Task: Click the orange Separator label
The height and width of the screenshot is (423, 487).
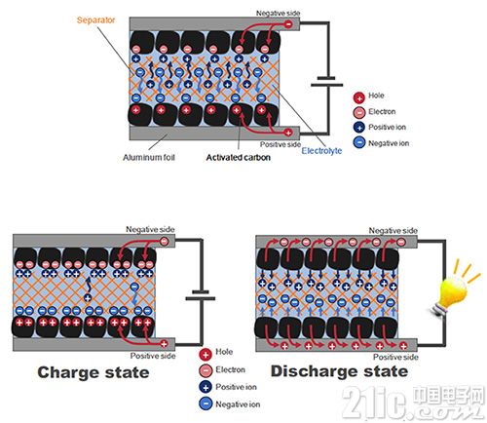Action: pos(95,20)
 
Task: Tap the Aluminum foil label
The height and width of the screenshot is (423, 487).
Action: pos(149,158)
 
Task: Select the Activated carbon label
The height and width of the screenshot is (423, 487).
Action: pos(239,158)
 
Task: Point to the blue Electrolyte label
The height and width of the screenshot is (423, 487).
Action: pos(321,151)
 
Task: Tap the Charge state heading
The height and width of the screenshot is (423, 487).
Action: pos(94,372)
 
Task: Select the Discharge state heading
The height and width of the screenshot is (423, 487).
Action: pos(339,371)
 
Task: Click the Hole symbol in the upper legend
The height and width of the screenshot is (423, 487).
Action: pos(359,97)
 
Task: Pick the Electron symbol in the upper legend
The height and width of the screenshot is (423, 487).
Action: pos(359,112)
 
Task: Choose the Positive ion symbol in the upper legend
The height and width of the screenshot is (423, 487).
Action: pos(359,128)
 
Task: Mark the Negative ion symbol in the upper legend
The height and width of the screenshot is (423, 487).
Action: pos(359,142)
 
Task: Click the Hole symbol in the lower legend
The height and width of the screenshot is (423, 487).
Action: pos(206,354)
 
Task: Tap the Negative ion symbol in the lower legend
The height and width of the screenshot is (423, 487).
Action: pos(206,404)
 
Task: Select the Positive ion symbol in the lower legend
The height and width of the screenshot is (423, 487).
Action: pos(206,387)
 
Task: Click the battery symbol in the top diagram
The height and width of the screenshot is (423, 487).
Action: pos(326,82)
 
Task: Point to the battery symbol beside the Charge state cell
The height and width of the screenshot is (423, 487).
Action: pos(201,295)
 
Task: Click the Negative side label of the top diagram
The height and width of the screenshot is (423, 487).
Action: pos(278,14)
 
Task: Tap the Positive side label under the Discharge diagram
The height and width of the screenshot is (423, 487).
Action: pos(395,357)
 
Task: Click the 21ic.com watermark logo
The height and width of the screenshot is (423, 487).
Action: pos(412,402)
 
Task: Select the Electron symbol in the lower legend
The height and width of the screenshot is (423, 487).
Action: pos(206,370)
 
